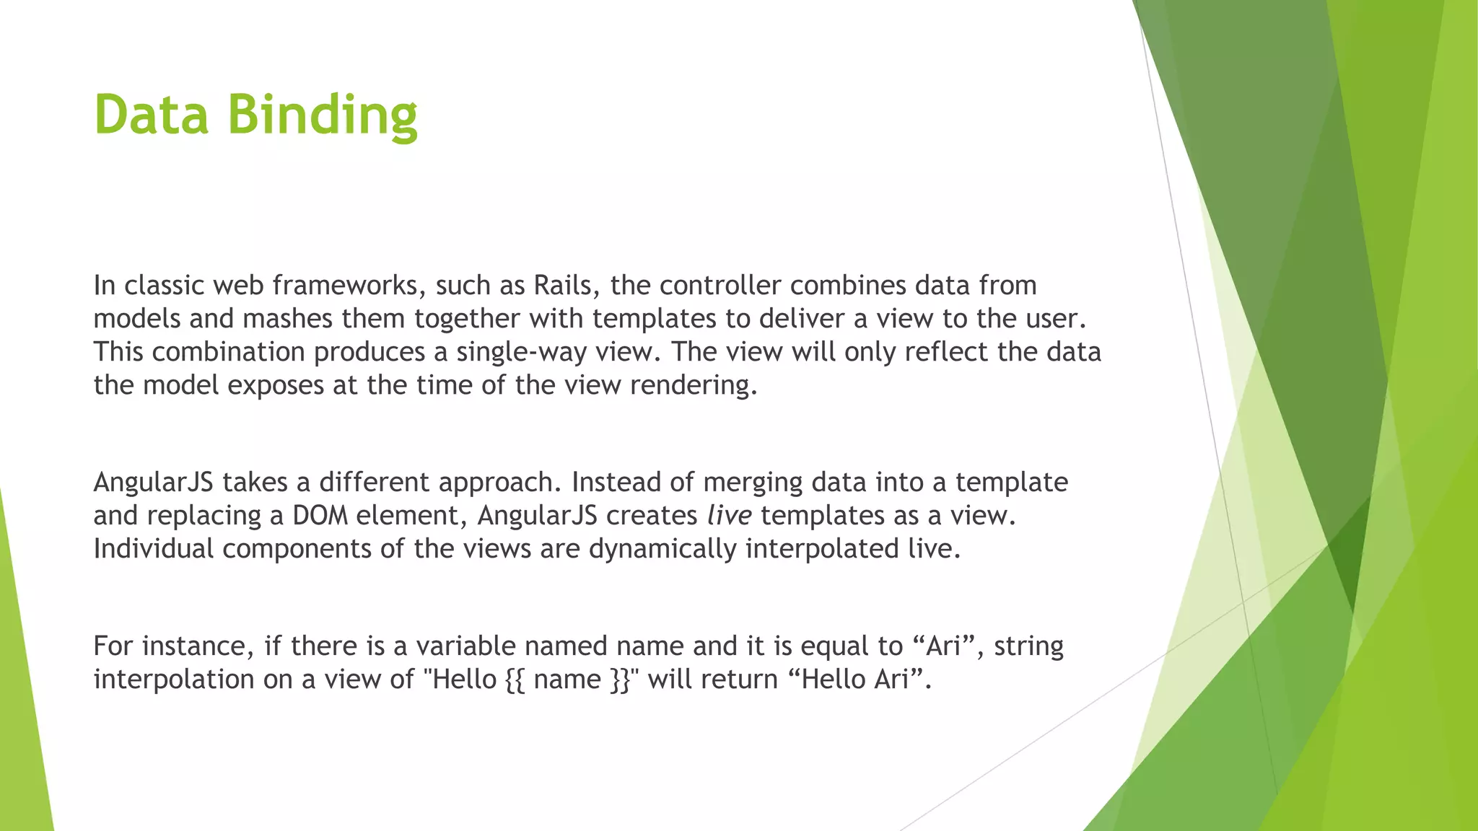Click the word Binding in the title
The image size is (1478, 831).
(323, 115)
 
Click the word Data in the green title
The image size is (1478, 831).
(152, 115)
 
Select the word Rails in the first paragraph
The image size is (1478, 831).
(562, 286)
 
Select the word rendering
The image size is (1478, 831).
(694, 385)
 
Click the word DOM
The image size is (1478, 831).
(320, 516)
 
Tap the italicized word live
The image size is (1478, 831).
(729, 516)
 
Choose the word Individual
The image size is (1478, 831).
(154, 549)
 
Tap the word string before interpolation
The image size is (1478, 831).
(1028, 646)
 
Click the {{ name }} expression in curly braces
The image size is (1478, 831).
(568, 680)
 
